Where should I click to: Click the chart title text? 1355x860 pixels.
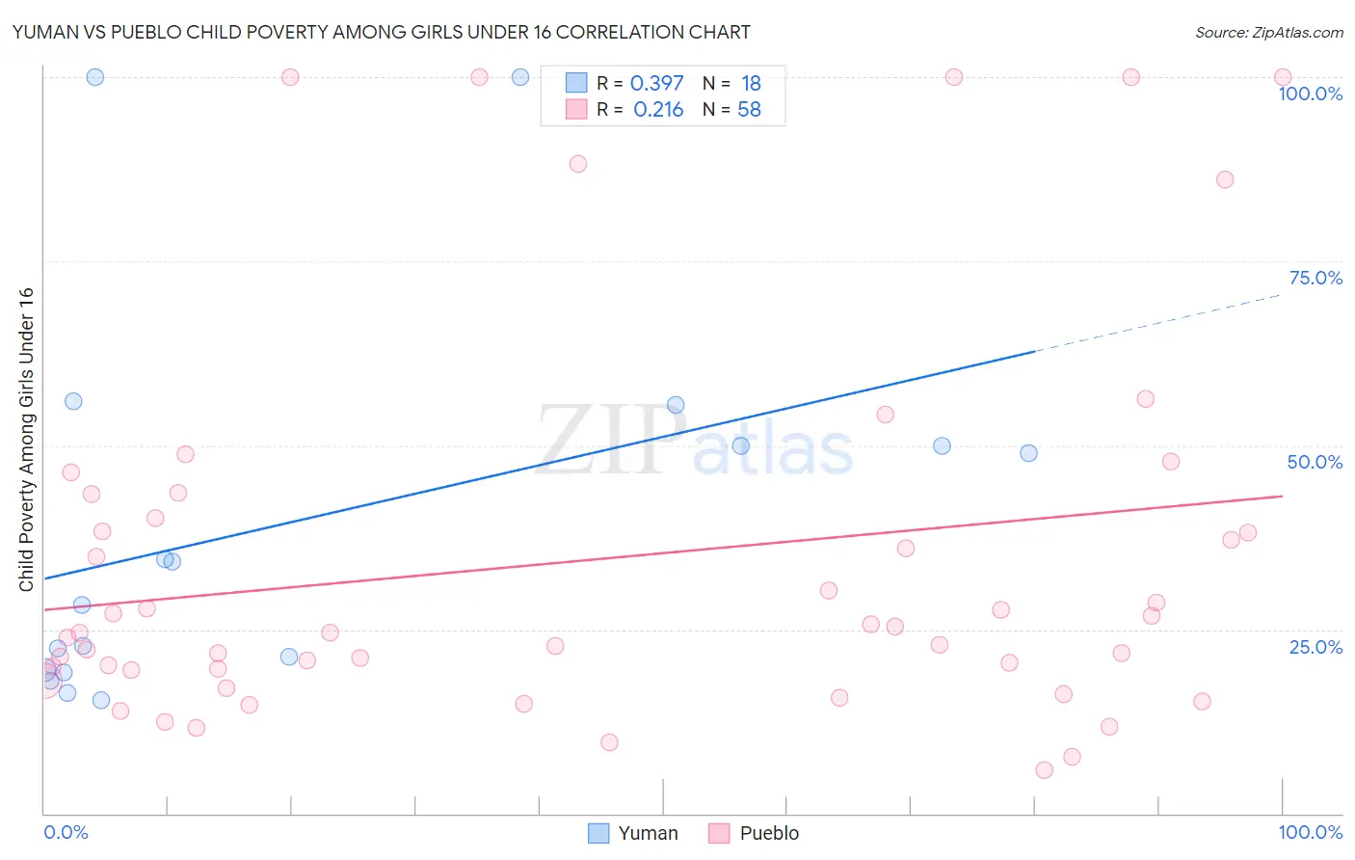coord(381,32)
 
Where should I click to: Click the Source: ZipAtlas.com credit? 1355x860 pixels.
coord(1268,32)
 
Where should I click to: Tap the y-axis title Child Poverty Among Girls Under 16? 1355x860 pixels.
coord(26,439)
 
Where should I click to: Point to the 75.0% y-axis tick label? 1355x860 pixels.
coord(1315,278)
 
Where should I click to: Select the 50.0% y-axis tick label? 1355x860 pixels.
coord(1315,462)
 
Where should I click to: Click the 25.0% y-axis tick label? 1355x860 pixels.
coord(1315,646)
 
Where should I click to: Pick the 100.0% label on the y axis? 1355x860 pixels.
coord(1310,94)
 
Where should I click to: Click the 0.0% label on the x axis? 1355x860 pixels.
coord(66,832)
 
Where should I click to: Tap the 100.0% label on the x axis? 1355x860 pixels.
coord(1310,832)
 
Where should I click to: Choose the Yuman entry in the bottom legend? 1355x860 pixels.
coord(633,833)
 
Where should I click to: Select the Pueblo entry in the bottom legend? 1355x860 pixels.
coord(755,833)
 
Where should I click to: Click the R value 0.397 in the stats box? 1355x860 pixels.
coord(656,84)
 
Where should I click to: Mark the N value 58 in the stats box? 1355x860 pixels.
coord(749,110)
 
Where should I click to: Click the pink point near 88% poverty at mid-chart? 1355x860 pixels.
coord(578,164)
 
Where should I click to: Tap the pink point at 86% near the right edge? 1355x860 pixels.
coord(1225,179)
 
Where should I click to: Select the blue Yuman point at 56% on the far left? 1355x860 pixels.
coord(73,401)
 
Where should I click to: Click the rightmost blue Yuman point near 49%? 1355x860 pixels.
coord(1028,453)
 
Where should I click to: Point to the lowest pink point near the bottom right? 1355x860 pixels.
coord(1044,769)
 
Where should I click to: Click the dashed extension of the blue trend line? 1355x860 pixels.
coord(1156,323)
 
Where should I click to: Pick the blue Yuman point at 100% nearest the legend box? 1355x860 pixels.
coord(520,77)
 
